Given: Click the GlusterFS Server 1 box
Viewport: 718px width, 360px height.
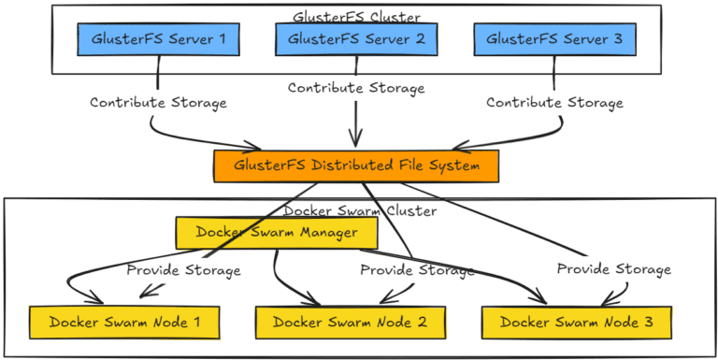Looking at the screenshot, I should coord(158,39).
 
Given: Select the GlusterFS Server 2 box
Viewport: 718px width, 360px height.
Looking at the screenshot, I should coord(356,39).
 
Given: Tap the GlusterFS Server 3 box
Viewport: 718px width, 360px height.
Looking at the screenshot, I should coord(554,39).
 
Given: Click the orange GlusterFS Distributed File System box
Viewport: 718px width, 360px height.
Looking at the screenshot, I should coord(356,166).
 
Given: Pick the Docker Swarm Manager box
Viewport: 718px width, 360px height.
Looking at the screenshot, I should coord(276,232).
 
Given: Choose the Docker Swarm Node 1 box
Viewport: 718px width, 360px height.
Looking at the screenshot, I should coord(124,322).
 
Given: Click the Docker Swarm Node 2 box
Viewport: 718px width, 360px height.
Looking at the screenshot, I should coord(350,322).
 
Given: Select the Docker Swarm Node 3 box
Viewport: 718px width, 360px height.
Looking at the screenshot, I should coord(576,322).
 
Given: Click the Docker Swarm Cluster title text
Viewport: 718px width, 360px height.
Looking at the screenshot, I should coord(360,210).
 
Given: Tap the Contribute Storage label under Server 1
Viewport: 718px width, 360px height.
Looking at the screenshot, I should coord(158,102).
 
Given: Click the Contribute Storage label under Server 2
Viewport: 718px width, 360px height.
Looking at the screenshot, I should coord(356,88).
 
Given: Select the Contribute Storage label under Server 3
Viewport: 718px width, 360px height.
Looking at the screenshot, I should coord(554,102).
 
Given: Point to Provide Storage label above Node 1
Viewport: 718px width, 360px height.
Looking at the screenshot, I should coord(183,270).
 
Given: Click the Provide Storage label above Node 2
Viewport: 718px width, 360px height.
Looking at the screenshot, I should coord(417,270).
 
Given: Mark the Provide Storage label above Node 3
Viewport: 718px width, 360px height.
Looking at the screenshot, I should coord(614,269).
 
